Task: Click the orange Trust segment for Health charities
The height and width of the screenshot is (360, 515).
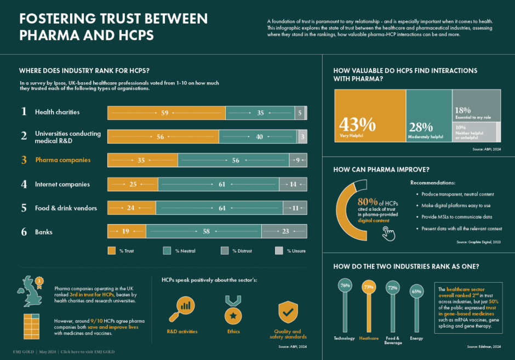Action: (x=166, y=113)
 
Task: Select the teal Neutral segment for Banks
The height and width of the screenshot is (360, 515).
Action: (x=204, y=231)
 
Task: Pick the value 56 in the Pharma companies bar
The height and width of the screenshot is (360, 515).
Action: (x=236, y=161)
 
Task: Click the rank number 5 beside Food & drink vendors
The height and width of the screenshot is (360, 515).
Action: (x=24, y=208)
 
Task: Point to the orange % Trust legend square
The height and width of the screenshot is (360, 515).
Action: (x=111, y=250)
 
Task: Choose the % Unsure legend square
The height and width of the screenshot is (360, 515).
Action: (x=278, y=250)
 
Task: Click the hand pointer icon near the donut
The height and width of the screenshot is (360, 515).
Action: (x=389, y=233)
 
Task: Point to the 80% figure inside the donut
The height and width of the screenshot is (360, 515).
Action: (x=366, y=202)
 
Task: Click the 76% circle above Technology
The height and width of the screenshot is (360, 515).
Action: (x=345, y=285)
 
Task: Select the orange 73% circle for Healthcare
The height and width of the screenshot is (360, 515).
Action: (x=368, y=287)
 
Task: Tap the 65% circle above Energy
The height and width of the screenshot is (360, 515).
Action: (x=416, y=291)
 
